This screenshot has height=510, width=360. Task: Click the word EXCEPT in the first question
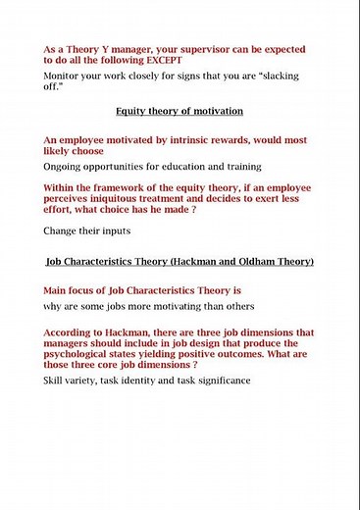[162, 60]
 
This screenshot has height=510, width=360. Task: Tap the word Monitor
[63, 76]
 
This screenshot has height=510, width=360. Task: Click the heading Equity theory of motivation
[180, 111]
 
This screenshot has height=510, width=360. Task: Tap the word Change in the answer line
[62, 230]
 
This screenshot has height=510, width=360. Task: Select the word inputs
[116, 230]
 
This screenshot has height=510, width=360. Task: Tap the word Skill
[57, 380]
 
